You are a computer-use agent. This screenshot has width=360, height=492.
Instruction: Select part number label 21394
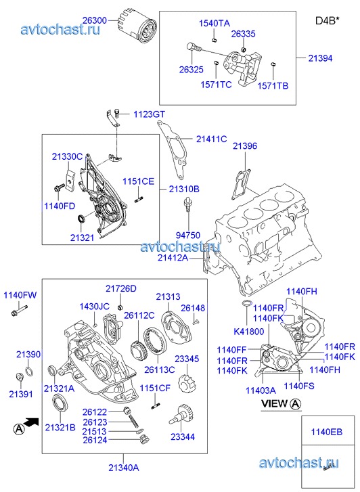click(320, 58)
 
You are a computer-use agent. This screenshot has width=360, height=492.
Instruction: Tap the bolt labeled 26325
click(194, 47)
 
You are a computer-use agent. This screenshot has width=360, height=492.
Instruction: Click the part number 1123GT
click(149, 114)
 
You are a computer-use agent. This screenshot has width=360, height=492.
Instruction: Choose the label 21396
click(245, 146)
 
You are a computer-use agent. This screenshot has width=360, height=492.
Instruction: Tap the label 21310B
click(184, 189)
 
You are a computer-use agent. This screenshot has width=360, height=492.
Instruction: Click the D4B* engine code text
click(328, 21)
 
